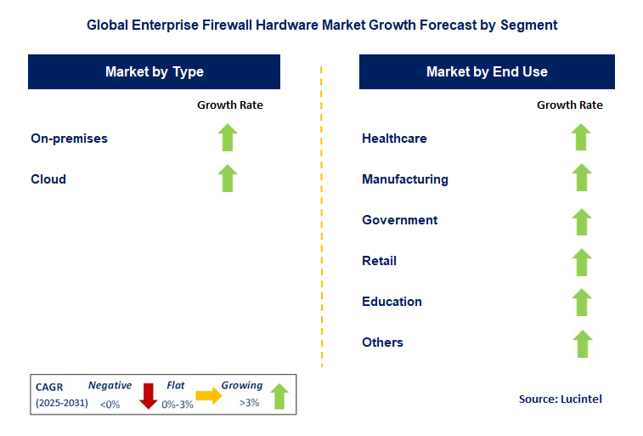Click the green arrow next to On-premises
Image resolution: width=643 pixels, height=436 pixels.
click(x=228, y=138)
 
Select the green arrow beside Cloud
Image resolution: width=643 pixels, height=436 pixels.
click(x=228, y=178)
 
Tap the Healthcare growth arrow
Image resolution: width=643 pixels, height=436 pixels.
click(x=581, y=137)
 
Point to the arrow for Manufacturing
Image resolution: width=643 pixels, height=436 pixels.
click(x=582, y=178)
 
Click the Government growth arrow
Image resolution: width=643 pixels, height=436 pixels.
click(x=582, y=222)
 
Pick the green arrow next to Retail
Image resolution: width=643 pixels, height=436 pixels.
click(x=582, y=262)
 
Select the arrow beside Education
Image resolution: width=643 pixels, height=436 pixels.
click(x=582, y=303)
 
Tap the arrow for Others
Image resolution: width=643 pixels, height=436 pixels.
click(x=583, y=343)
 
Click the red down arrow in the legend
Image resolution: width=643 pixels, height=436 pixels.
click(x=148, y=396)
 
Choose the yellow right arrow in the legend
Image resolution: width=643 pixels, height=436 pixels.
click(x=209, y=395)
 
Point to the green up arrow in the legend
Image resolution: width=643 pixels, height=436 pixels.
click(x=279, y=396)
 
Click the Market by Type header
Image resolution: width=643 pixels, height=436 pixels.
click(x=155, y=71)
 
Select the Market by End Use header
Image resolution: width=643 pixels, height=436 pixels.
click(x=487, y=71)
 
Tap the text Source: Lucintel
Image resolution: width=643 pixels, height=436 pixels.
click(x=560, y=399)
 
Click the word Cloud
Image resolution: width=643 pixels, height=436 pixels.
click(x=48, y=179)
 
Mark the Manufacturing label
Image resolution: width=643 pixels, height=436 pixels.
click(x=405, y=179)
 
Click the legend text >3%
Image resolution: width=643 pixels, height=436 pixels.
click(x=250, y=403)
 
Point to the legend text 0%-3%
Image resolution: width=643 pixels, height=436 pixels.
click(x=178, y=405)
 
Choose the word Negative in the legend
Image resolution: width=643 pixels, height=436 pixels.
click(x=110, y=386)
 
